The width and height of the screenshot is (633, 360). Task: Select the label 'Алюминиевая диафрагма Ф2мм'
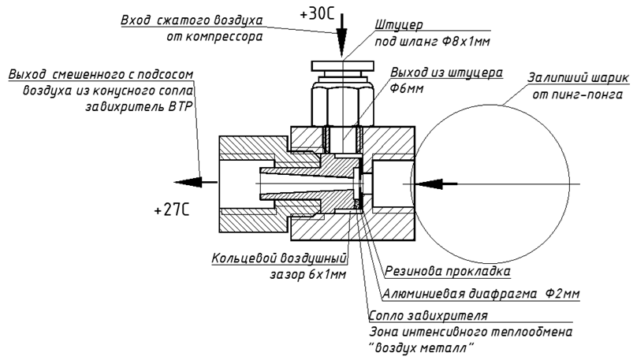[x=480, y=293]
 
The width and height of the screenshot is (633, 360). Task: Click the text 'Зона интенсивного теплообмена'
[x=471, y=331]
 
